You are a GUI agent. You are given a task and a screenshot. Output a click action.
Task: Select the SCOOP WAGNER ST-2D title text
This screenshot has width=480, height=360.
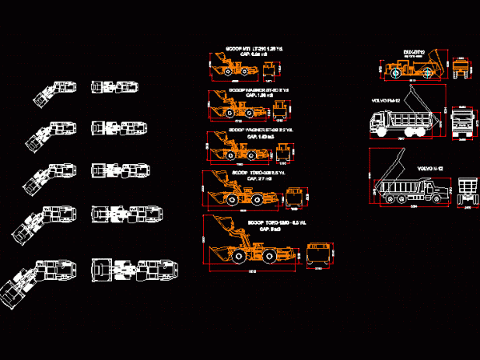point(250,90)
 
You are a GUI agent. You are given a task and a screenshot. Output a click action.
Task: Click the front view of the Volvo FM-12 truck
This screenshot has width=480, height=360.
point(464,126)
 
